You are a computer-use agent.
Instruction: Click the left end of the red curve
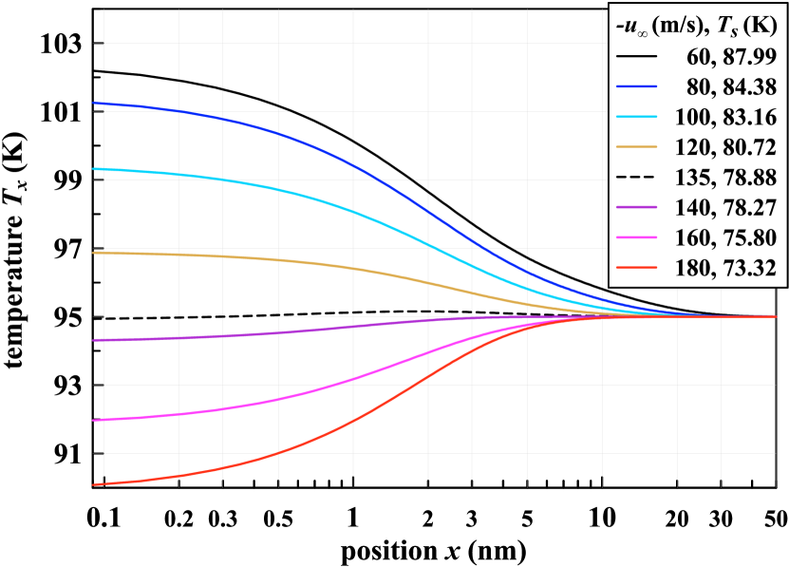[x=93, y=484]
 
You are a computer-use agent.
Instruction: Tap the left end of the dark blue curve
[x=93, y=103]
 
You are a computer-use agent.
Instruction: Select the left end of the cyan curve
[x=93, y=169]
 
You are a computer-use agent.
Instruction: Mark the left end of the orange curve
[x=93, y=253]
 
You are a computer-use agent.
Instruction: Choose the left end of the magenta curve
[x=93, y=420]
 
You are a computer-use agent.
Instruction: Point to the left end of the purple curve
[x=93, y=339]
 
